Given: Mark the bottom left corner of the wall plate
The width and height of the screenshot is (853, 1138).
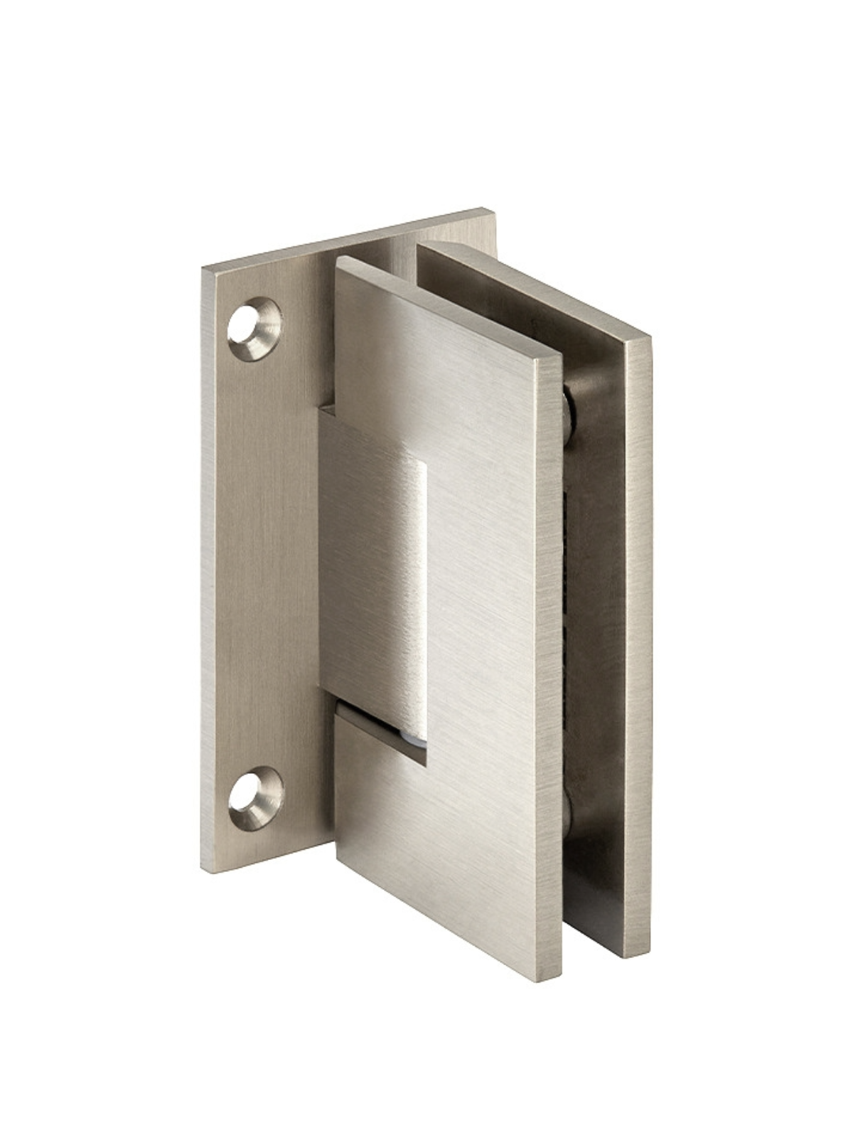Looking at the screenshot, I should coord(204,869).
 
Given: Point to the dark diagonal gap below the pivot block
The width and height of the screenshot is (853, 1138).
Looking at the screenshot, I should coord(377,718).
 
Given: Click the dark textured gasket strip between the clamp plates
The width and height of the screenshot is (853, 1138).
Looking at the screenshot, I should coord(569,612).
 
